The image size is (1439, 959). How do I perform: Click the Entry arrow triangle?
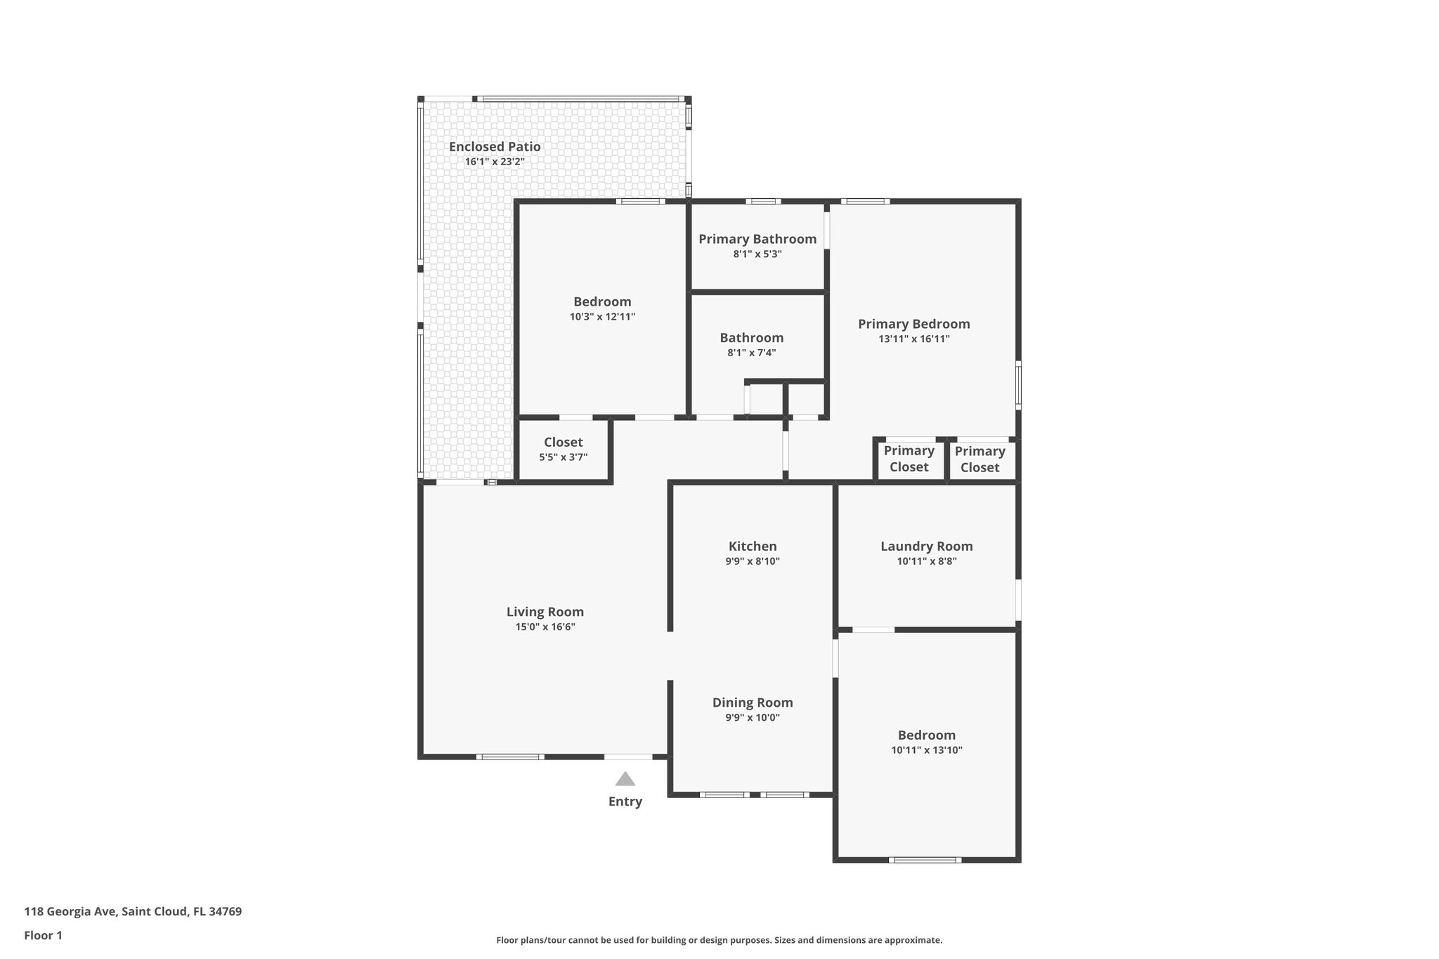[x=625, y=779]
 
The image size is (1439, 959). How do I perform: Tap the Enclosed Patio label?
[x=495, y=147]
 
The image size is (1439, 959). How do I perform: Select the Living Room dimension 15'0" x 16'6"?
[x=545, y=627]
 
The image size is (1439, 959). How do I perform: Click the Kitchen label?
[x=753, y=546]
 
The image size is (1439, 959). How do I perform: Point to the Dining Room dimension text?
[x=753, y=717]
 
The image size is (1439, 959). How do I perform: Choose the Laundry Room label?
[x=926, y=546]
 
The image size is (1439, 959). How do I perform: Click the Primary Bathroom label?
[x=757, y=239]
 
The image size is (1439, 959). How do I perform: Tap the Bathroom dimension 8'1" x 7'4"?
[x=751, y=353]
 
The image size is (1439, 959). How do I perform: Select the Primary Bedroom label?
[x=913, y=324]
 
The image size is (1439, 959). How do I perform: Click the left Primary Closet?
[x=909, y=459]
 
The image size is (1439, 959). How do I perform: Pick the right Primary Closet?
[x=979, y=459]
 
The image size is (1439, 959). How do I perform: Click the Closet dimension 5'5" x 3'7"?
[x=563, y=457]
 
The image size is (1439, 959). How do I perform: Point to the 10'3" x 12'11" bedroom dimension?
[x=602, y=317]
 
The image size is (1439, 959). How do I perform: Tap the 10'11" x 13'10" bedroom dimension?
[x=926, y=750]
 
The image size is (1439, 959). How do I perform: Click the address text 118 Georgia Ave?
[x=133, y=912]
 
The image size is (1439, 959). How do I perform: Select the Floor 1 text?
[x=43, y=935]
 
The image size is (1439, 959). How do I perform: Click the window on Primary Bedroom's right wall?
[x=1018, y=384]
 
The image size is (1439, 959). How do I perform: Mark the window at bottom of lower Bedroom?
[x=925, y=859]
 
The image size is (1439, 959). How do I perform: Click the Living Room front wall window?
[x=510, y=757]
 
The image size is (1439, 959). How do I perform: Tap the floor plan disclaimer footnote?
[x=719, y=940]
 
